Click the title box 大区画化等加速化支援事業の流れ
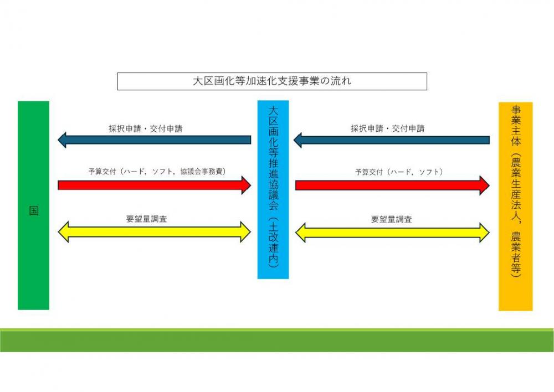pos(272,81)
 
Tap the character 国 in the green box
pos(34,211)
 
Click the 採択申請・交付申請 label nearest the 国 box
pos(146,128)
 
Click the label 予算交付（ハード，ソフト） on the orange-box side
pos(398,172)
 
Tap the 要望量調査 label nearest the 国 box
pos(147,219)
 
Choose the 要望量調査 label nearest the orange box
pos(391,219)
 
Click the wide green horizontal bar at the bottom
pos(277,341)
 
